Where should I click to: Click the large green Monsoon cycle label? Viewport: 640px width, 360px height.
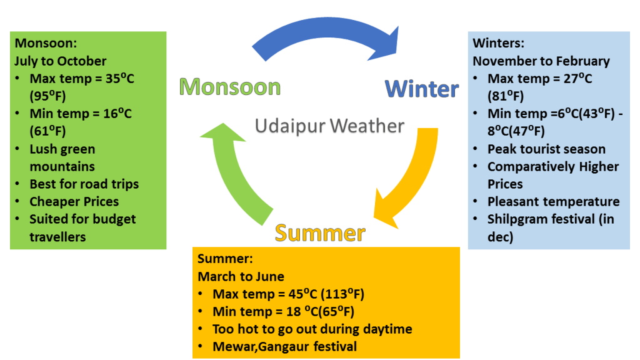click(x=229, y=87)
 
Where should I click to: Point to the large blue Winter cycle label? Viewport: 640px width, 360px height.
click(x=421, y=89)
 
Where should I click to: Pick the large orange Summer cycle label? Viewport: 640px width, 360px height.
click(x=320, y=232)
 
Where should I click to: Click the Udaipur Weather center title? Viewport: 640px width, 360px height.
click(x=329, y=126)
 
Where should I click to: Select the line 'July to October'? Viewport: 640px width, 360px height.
click(x=61, y=61)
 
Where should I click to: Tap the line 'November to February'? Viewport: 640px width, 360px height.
click(x=541, y=61)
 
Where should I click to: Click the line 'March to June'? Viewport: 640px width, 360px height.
click(x=241, y=276)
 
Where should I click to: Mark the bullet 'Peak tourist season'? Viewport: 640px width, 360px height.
click(x=546, y=149)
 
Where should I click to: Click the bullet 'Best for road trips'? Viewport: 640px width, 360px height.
click(x=84, y=184)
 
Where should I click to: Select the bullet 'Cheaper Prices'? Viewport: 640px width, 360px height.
click(x=74, y=202)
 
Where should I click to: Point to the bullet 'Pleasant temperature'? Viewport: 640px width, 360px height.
click(x=553, y=202)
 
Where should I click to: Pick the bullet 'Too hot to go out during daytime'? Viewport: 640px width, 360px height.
click(x=312, y=329)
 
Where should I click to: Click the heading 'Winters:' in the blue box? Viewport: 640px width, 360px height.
click(x=498, y=43)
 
